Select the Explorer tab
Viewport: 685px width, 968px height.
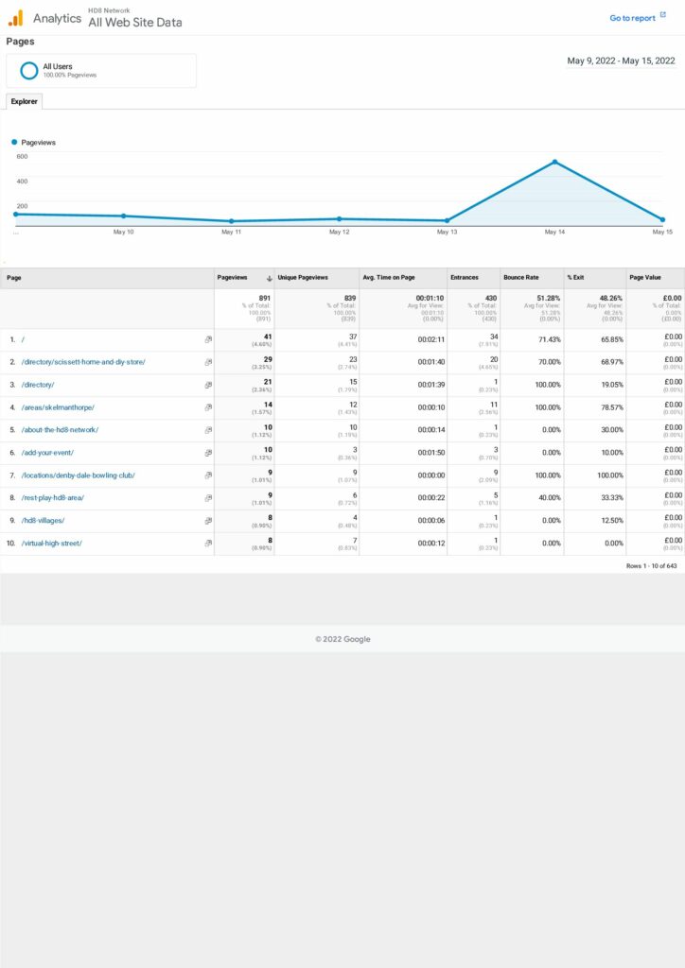click(x=24, y=101)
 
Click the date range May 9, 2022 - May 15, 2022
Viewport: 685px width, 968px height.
click(x=621, y=60)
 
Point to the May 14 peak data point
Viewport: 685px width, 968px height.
click(x=554, y=162)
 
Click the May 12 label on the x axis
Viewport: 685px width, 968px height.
click(x=339, y=232)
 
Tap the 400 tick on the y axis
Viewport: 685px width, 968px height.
click(x=22, y=181)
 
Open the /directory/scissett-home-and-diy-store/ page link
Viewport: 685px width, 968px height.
click(x=83, y=362)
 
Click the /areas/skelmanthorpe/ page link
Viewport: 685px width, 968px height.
click(x=58, y=407)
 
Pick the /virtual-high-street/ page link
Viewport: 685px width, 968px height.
click(x=52, y=544)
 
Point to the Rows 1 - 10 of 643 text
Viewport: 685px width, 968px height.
click(x=651, y=565)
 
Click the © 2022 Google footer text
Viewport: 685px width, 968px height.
click(x=342, y=639)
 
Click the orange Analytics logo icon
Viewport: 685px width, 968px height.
click(x=15, y=18)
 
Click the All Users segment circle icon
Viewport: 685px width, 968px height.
click(x=28, y=70)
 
